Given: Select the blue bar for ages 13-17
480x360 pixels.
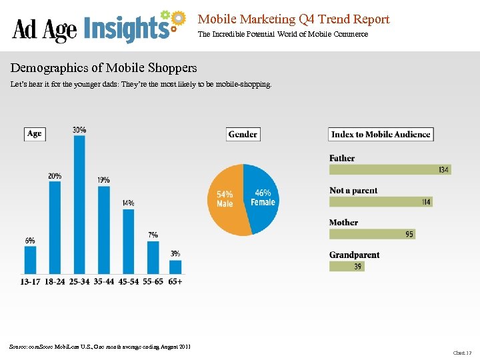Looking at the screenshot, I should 30,260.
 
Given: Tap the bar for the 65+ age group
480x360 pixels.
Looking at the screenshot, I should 176,267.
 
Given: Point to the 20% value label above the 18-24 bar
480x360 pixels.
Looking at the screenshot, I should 55,175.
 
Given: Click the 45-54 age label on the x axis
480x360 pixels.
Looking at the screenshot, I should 129,282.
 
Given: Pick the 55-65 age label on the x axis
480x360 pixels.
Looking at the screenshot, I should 153,282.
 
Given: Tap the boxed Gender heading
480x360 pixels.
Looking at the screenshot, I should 243,134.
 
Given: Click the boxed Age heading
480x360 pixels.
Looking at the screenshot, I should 34,134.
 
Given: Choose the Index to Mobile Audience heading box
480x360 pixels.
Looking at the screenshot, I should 381,134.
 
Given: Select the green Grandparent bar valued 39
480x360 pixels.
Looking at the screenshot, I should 347,266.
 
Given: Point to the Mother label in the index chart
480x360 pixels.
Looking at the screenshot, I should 343,223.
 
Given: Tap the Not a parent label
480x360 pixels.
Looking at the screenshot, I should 353,191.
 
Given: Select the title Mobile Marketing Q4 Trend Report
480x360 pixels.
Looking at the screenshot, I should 293,19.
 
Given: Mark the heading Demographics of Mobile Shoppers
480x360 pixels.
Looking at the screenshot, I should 103,68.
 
